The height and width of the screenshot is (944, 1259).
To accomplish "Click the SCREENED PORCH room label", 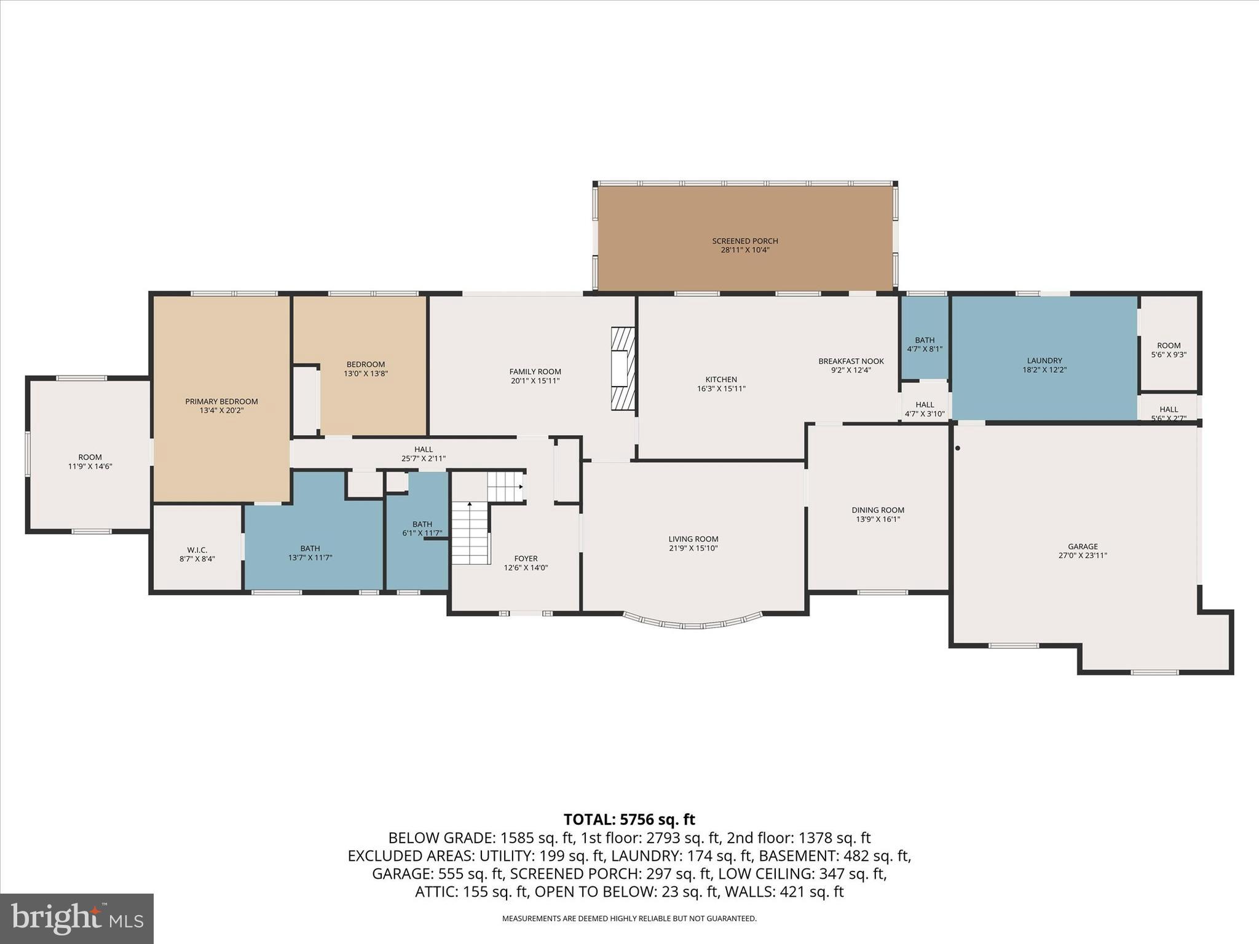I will [744, 241].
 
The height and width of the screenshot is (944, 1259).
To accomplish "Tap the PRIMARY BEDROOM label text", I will [221, 401].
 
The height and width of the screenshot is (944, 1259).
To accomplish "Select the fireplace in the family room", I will [622, 368].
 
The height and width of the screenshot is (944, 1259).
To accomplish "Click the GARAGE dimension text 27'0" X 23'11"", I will [1082, 556].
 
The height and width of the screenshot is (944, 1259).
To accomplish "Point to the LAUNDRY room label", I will [1044, 361].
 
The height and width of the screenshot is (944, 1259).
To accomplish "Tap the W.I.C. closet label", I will [197, 549].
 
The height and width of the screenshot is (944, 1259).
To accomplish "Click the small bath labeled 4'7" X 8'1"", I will [924, 344].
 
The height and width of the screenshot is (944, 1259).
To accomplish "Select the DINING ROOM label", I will [877, 510].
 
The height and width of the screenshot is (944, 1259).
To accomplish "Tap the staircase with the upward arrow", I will [471, 532].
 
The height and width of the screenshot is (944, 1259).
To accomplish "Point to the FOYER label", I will [526, 559].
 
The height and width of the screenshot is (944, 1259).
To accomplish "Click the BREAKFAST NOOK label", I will [851, 361].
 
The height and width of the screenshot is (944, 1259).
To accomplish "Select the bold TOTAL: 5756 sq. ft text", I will [629, 819].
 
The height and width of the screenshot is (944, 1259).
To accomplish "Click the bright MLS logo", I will [77, 918].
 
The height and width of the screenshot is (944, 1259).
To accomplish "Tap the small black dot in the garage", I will [957, 448].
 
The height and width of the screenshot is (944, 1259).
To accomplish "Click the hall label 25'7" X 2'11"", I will [423, 458].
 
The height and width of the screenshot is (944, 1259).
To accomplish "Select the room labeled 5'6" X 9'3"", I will [1168, 350].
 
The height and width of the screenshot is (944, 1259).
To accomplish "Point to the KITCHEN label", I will [720, 380].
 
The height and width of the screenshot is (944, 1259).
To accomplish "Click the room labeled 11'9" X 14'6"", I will [90, 462].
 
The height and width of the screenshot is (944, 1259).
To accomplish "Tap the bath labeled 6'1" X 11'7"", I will [422, 529].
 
